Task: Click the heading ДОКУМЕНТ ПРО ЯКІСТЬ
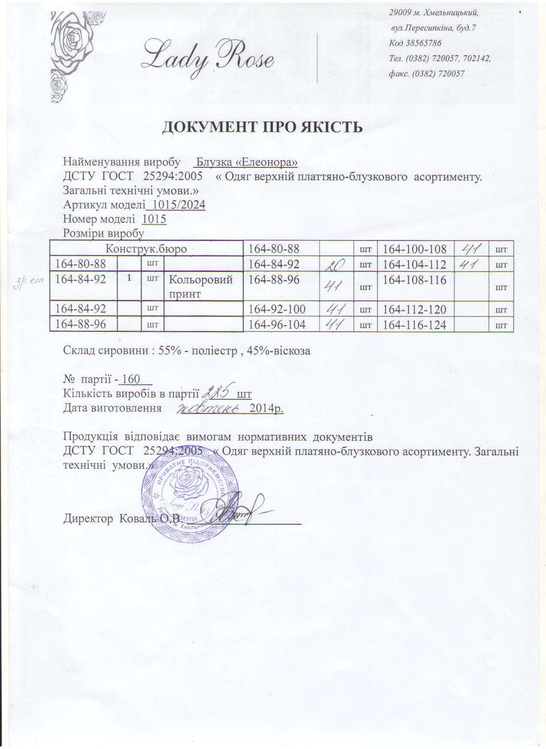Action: (x=263, y=127)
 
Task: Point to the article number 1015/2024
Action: (x=176, y=205)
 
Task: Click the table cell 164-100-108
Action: (x=415, y=249)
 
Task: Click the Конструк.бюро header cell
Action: (x=146, y=248)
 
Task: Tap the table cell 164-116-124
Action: (x=415, y=325)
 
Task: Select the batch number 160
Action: (x=129, y=379)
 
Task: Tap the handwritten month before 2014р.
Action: (x=209, y=408)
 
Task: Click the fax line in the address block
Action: (x=427, y=74)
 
